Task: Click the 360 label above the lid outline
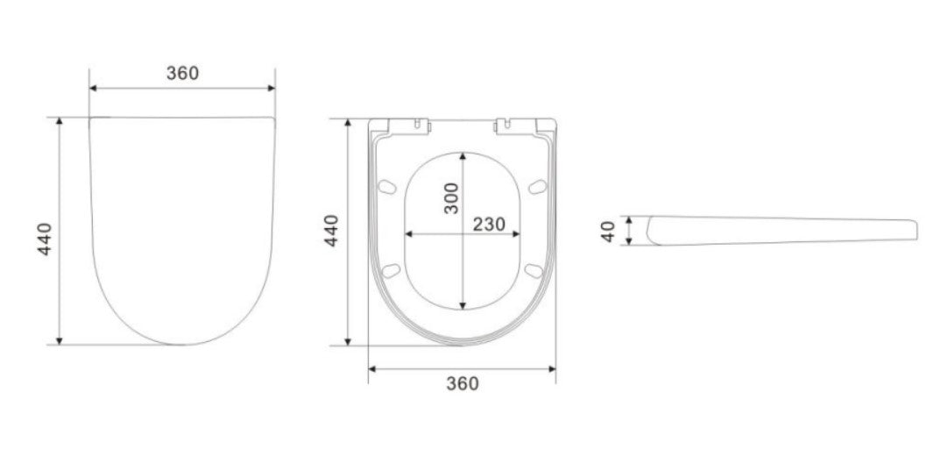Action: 182,73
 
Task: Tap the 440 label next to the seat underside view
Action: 332,230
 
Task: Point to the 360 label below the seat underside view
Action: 463,383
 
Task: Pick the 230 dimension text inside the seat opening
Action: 489,224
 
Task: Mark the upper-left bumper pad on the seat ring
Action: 387,185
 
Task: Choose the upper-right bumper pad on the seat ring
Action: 538,185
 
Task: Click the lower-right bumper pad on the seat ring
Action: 533,268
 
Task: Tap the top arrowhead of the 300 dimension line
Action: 463,156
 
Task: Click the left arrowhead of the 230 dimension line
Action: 408,234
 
